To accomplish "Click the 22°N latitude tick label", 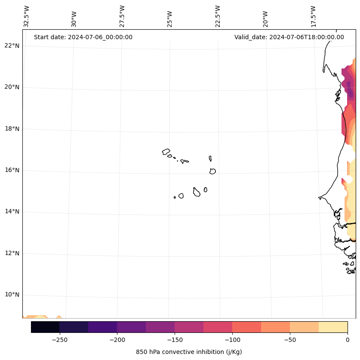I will pyautogui.click(x=11, y=46).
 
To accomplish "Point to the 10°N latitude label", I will pyautogui.click(x=11, y=295).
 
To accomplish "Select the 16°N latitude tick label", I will pyautogui.click(x=11, y=170).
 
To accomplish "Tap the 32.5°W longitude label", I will pyautogui.click(x=27, y=16).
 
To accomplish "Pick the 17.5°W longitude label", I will pyautogui.click(x=314, y=16).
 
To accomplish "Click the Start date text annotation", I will pyautogui.click(x=83, y=37).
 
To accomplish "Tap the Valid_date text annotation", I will pyautogui.click(x=289, y=37).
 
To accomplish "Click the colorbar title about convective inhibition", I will pyautogui.click(x=189, y=352).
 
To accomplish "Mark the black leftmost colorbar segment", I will pyautogui.click(x=45, y=327).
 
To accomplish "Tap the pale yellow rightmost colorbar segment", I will pyautogui.click(x=333, y=327).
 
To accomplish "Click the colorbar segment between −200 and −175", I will pyautogui.click(x=131, y=327).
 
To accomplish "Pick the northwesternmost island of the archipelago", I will pyautogui.click(x=166, y=151).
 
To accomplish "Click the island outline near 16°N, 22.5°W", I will pyautogui.click(x=212, y=171).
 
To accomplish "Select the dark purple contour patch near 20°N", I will pyautogui.click(x=351, y=92).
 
